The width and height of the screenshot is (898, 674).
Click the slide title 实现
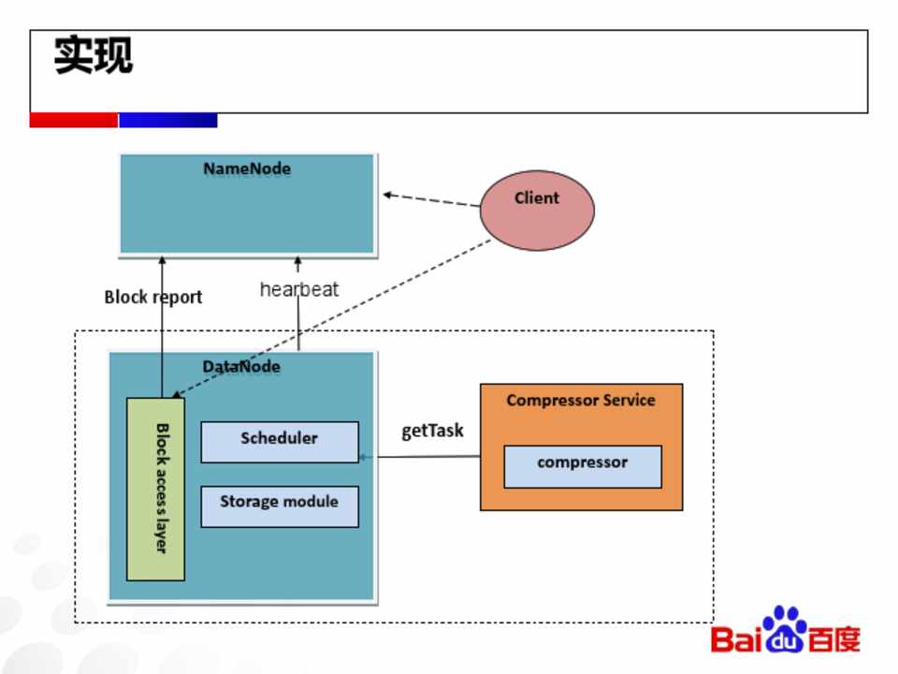[94, 55]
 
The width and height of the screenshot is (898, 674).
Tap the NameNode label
[247, 169]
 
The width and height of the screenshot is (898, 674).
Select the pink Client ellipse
[537, 210]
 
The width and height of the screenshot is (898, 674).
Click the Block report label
[152, 298]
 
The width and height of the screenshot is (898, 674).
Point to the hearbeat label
[298, 289]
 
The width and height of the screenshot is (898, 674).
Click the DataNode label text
[241, 366]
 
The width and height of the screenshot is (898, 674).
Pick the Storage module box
[279, 505]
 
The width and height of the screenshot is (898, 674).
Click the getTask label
[432, 432]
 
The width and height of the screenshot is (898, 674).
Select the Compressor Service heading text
[580, 401]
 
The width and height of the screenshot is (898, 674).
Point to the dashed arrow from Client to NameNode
[430, 200]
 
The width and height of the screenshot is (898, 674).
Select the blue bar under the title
[168, 121]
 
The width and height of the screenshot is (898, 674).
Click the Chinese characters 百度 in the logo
[834, 640]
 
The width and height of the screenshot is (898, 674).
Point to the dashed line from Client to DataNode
[374, 300]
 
